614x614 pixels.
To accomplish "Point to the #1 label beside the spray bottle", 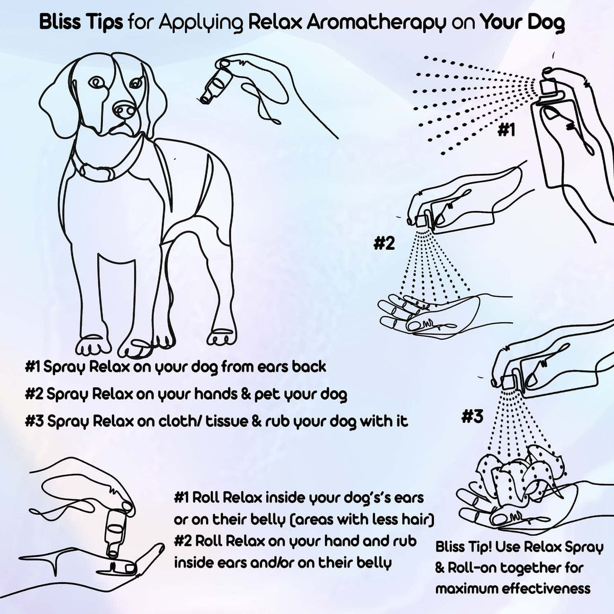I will [506, 131].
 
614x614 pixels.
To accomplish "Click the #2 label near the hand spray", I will [384, 243].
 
